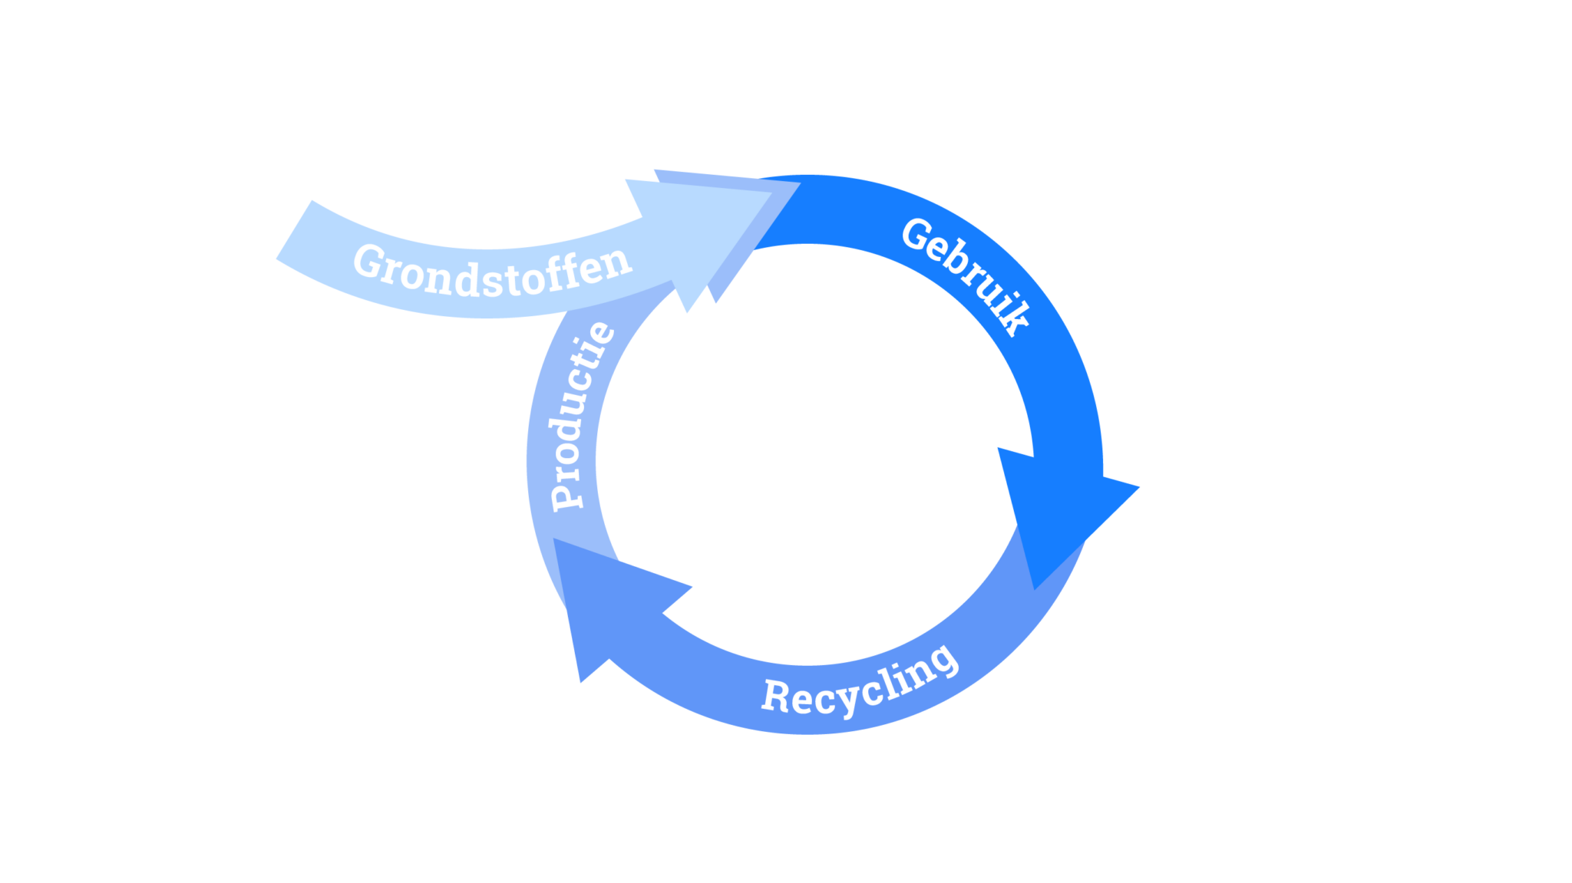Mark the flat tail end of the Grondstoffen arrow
[294, 230]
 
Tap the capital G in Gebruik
[917, 235]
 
